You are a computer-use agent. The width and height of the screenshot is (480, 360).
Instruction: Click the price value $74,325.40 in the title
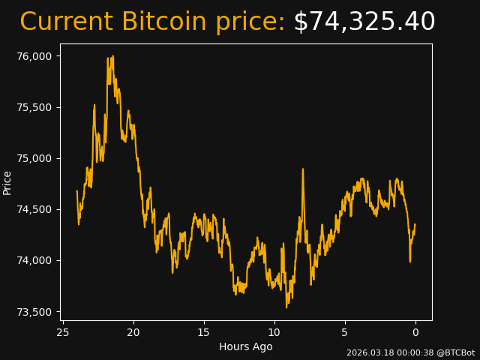(364, 22)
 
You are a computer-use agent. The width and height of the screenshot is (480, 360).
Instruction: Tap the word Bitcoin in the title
(165, 22)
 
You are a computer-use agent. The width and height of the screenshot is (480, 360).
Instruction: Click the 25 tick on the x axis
(63, 332)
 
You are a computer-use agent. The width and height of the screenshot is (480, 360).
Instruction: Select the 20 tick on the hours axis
(133, 332)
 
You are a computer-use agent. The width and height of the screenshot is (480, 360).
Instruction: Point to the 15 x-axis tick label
(204, 332)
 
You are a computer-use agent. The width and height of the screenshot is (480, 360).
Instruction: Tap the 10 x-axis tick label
(274, 332)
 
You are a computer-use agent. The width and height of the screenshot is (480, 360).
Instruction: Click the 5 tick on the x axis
(345, 332)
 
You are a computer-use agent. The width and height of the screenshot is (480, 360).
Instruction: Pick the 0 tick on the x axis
(415, 332)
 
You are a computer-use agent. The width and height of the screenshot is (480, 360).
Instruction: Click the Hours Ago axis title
(246, 346)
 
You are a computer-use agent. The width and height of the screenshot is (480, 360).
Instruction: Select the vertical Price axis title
(7, 183)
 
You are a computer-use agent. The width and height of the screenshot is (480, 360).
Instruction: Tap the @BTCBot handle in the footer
(455, 352)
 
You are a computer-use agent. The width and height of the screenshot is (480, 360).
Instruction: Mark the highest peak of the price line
(112, 56)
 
